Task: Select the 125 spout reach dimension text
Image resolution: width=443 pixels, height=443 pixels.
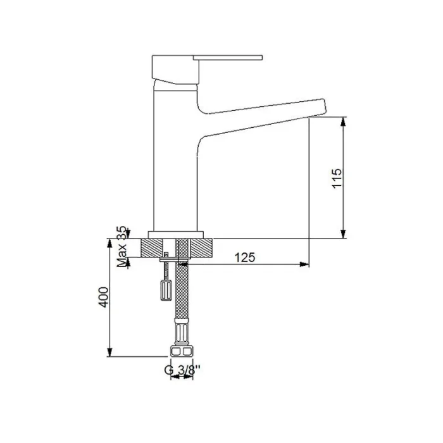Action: pyautogui.click(x=245, y=257)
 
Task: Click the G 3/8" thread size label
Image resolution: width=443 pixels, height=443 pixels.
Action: pyautogui.click(x=180, y=370)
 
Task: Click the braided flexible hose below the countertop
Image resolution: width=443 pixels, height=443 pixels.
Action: pyautogui.click(x=182, y=291)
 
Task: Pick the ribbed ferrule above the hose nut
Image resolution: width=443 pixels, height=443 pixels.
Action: pyautogui.click(x=181, y=334)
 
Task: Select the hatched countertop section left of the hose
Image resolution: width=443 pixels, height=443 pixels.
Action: pyautogui.click(x=151, y=247)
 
